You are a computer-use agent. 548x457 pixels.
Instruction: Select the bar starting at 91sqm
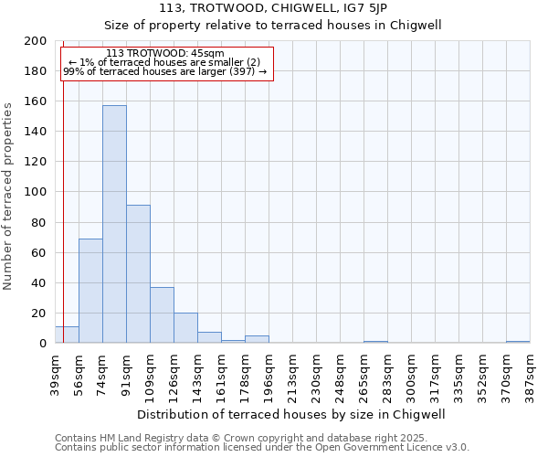tap(138, 274)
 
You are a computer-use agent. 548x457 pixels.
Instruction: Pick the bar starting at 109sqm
tap(162, 315)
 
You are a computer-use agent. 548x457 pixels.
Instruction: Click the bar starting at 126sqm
tap(185, 328)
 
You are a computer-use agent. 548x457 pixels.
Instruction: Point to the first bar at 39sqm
tap(67, 335)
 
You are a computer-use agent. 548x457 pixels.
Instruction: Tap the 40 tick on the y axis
tap(40, 283)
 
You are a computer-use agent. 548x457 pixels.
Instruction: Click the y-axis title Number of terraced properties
tap(8, 196)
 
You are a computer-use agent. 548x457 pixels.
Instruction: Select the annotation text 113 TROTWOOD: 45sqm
tap(164, 54)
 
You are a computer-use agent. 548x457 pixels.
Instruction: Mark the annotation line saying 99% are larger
tap(164, 71)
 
